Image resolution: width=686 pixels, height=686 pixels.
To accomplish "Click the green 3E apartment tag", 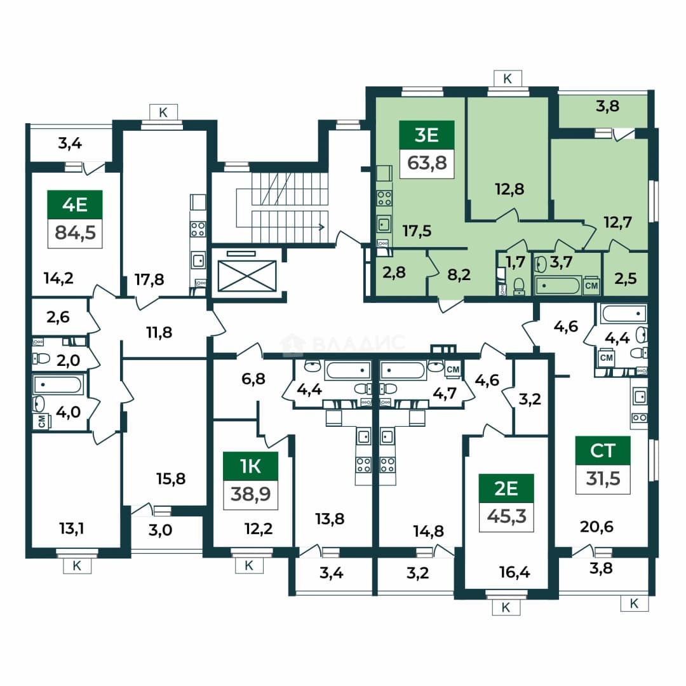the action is tap(427, 135).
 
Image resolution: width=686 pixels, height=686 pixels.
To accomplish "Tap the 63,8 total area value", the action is tap(427, 163).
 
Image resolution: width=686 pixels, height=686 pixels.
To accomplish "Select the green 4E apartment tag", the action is tap(75, 205).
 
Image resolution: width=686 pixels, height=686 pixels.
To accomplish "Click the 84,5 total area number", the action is tap(75, 232).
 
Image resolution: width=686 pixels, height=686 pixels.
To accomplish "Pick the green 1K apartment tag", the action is tap(250, 466).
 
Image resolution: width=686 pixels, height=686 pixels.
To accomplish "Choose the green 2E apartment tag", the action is tap(506, 488).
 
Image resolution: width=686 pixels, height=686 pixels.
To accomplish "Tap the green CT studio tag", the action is tap(603, 450).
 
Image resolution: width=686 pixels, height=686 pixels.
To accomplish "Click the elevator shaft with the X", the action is tap(247, 276).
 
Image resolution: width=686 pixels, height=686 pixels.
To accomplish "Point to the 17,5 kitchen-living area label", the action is tap(417, 231).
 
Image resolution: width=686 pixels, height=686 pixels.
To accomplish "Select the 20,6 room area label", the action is tap(596, 527).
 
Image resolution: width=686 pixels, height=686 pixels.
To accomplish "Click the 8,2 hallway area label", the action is tap(459, 274).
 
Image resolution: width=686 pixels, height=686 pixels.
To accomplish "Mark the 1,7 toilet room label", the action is tap(515, 262).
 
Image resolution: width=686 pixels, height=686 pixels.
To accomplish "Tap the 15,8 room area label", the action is tap(171, 479).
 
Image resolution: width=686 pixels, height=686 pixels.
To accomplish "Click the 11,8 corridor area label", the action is tap(159, 332).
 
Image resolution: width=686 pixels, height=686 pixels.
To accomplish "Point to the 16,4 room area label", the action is tap(514, 572).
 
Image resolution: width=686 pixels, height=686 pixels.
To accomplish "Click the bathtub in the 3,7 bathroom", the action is tap(558, 286).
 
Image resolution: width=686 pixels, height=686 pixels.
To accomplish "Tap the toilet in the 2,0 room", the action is tap(41, 359).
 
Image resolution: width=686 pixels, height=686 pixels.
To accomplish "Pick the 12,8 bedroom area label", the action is tap(509, 189).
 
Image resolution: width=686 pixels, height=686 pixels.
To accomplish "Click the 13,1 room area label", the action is tap(71, 528).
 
